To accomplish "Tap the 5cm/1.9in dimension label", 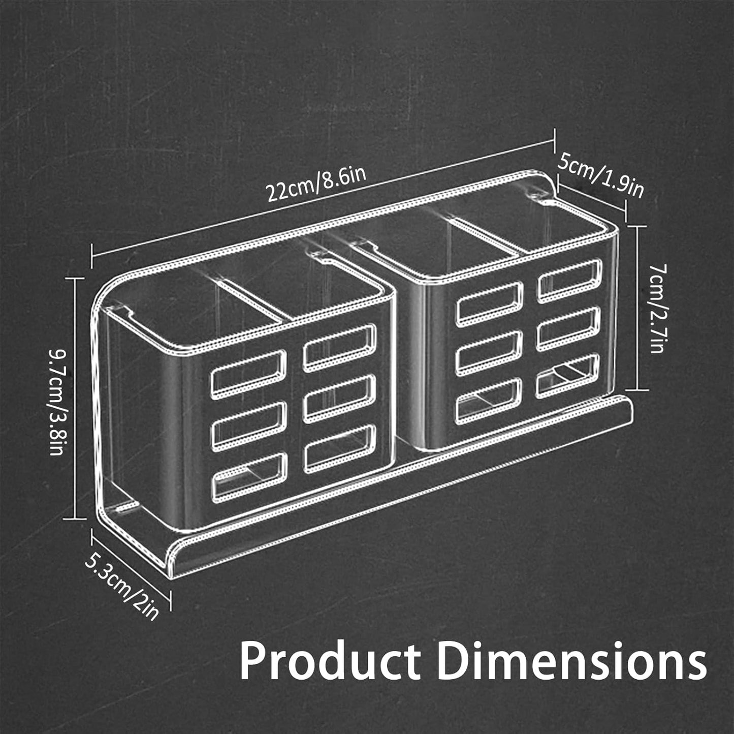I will (601, 175).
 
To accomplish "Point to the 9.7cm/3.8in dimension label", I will (56, 402).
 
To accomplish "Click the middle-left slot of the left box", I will (249, 426).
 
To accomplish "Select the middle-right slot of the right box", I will (569, 327).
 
